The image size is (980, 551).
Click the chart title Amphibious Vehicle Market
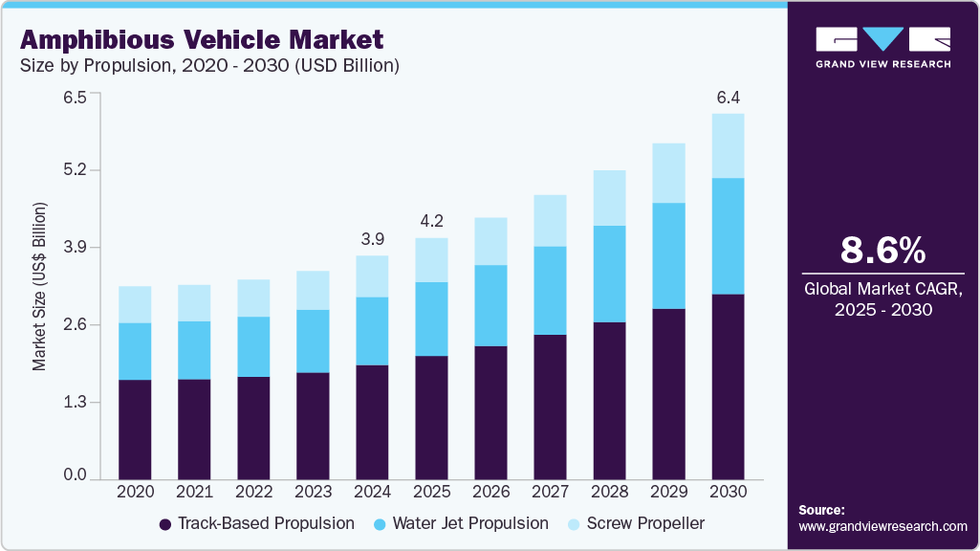point(202,40)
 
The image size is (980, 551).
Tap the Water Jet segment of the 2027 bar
point(551,290)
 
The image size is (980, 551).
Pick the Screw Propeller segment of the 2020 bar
point(136,304)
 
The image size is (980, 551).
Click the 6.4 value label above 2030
point(729,98)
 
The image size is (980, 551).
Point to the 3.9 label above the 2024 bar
point(373,238)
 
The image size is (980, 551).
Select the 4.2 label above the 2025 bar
point(431,221)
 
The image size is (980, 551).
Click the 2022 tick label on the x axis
point(254,492)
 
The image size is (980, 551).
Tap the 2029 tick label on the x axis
point(669,492)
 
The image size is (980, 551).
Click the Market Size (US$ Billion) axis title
point(39,287)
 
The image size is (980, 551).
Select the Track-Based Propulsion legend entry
point(256,523)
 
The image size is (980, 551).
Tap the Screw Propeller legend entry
point(636,523)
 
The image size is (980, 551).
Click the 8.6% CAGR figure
point(882,251)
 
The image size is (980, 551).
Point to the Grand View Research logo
point(882,47)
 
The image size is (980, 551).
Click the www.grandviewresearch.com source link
point(882,526)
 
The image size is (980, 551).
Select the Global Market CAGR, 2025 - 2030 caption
point(882,298)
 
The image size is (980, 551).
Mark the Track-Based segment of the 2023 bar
point(314,426)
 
